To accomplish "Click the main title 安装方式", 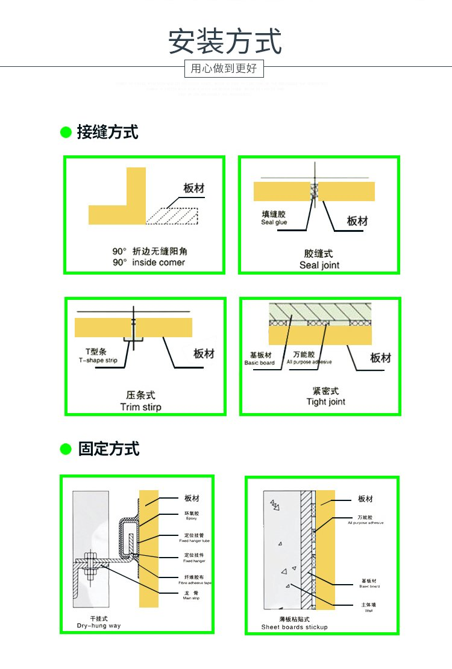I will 225,42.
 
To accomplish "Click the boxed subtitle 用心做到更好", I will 224,69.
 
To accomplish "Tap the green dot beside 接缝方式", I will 66,132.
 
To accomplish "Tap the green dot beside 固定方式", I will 66,449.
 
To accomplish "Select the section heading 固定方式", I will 109,449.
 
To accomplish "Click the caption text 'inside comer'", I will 159,263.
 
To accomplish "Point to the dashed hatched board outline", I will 173,216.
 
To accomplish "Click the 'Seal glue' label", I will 274,222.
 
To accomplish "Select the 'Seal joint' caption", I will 319,265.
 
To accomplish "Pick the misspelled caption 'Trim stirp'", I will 140,407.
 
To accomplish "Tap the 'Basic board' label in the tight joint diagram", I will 259,363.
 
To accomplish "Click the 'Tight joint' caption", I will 325,402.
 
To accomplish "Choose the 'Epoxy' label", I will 191,518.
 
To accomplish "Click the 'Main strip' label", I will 192,599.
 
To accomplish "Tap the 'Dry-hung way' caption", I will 99,626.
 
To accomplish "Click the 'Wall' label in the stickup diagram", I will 369,611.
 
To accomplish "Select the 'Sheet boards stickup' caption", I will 294,627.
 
